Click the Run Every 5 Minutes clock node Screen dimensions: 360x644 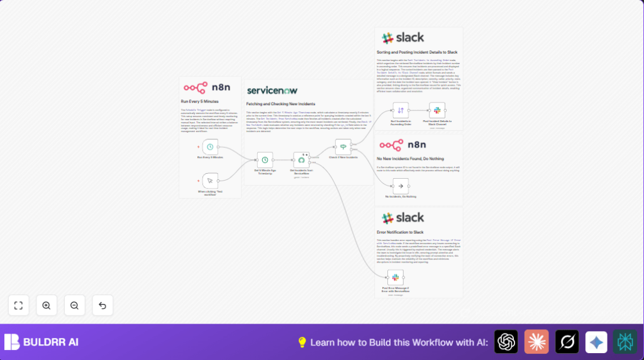tap(210, 147)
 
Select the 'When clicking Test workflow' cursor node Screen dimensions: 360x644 tap(210, 181)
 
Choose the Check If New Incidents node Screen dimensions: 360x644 tap(343, 147)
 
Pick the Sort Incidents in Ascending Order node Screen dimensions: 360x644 tap(401, 110)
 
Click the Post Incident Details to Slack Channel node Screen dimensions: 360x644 tap(437, 110)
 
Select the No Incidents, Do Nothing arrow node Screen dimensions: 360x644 tap(401, 186)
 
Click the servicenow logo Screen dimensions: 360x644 tap(272, 91)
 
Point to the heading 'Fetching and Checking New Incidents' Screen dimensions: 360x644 tap(280, 104)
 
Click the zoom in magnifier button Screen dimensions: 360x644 tap(47, 305)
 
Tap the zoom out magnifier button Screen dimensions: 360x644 tap(74, 305)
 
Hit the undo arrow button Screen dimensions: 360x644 tap(103, 305)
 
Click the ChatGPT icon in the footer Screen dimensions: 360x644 tap(506, 342)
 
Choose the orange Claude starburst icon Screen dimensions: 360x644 tap(536, 342)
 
